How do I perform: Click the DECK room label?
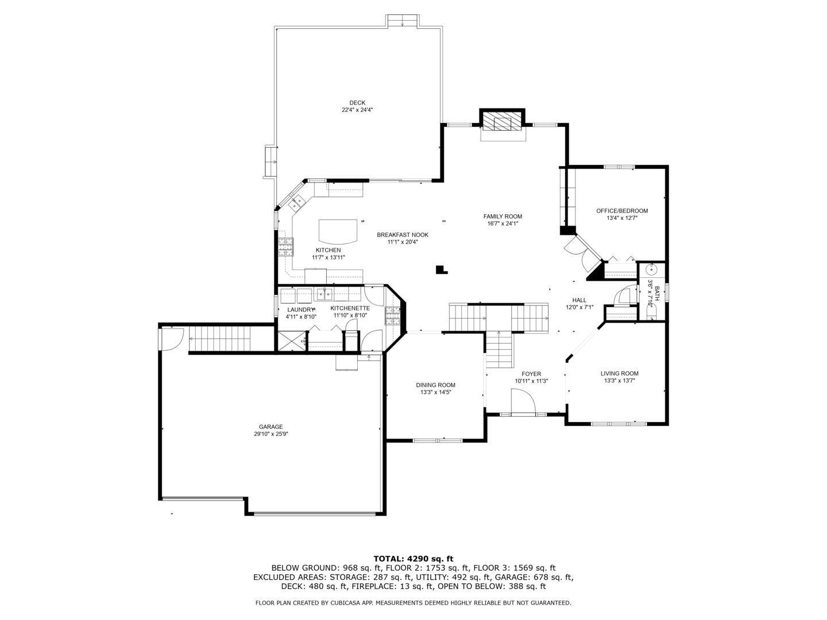[357, 103]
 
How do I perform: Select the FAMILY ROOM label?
[503, 216]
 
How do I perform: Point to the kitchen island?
[338, 231]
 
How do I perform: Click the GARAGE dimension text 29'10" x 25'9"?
[271, 433]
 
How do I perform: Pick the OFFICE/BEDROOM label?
[622, 211]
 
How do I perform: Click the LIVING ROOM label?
[620, 373]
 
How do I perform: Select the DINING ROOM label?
[435, 385]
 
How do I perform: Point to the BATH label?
[657, 293]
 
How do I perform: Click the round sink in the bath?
[651, 270]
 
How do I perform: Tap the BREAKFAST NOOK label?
[403, 235]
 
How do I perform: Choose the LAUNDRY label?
[301, 310]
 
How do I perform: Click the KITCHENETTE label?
[350, 308]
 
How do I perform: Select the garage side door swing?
[172, 339]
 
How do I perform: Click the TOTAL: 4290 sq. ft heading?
[413, 559]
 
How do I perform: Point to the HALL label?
[579, 300]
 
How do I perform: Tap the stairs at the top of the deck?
[403, 21]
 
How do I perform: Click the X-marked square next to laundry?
[292, 342]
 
